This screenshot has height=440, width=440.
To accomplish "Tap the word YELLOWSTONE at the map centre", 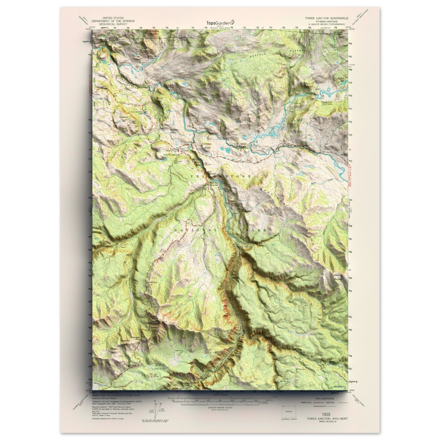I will click(220, 176).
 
